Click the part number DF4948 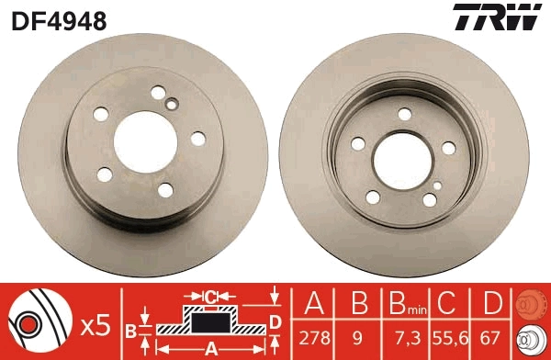click(59, 19)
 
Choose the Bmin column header click(405, 303)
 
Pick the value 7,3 click(405, 339)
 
